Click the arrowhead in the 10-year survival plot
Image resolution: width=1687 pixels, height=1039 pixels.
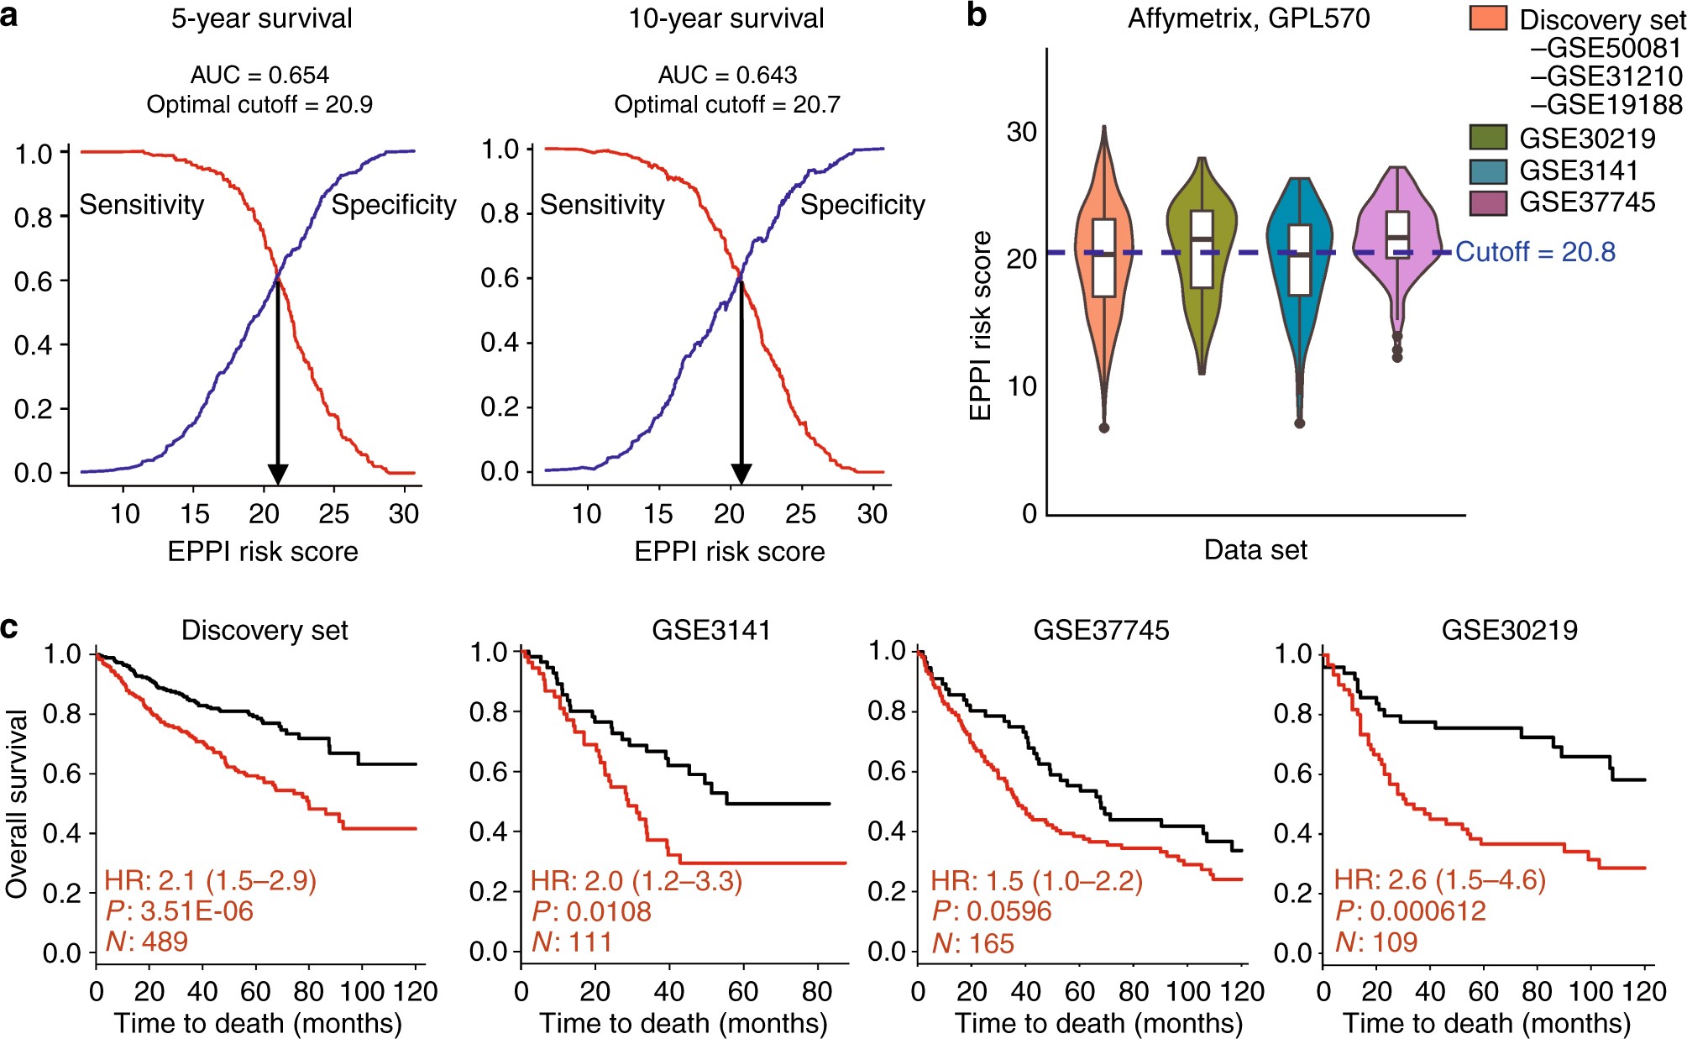pyautogui.click(x=741, y=473)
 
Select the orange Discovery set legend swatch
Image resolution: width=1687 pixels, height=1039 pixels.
pyautogui.click(x=1487, y=18)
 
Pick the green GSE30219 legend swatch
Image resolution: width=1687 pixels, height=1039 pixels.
pyautogui.click(x=1487, y=137)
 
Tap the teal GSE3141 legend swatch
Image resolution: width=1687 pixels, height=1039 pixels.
pyautogui.click(x=1487, y=170)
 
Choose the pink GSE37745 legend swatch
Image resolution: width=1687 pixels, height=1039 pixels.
pyautogui.click(x=1487, y=202)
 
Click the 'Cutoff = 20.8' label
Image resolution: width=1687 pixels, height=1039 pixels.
pyautogui.click(x=1535, y=252)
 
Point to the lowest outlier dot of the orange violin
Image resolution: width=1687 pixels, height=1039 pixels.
pyautogui.click(x=1104, y=428)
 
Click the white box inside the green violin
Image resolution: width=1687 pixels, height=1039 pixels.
pyautogui.click(x=1202, y=249)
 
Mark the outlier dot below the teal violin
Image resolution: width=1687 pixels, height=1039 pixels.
pyautogui.click(x=1299, y=423)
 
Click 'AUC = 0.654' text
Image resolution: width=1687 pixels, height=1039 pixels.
pyautogui.click(x=259, y=75)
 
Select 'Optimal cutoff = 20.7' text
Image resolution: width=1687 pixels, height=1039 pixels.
pyautogui.click(x=727, y=105)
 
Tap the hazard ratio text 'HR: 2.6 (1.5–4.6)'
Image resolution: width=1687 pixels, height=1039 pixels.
pyautogui.click(x=1439, y=879)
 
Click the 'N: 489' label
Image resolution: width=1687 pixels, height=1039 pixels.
pyautogui.click(x=147, y=942)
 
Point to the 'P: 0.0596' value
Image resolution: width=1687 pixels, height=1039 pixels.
pyautogui.click(x=992, y=910)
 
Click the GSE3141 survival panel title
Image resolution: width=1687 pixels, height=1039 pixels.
pyautogui.click(x=711, y=629)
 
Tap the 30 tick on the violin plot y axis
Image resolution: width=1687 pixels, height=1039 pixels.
pyautogui.click(x=1021, y=132)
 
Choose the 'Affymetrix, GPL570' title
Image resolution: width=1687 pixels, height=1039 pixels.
pyautogui.click(x=1249, y=18)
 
